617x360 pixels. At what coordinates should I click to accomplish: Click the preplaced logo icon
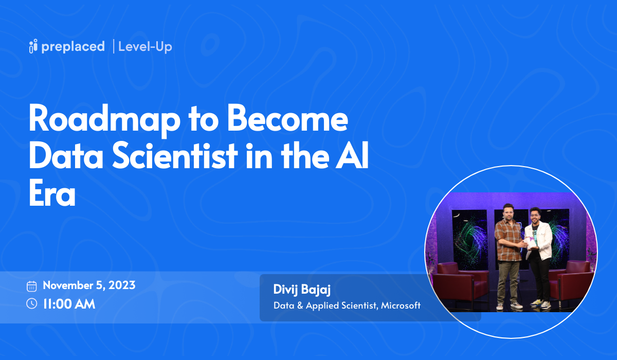point(33,46)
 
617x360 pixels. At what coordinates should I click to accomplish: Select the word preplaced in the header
point(74,47)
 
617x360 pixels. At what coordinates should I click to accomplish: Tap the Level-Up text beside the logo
point(145,47)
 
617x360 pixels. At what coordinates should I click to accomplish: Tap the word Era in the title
point(52,194)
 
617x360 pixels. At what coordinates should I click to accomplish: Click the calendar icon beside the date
point(32,286)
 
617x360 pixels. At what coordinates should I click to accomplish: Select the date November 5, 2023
point(89,285)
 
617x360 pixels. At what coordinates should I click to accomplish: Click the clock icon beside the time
point(32,303)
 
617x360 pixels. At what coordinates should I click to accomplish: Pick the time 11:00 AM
point(69,303)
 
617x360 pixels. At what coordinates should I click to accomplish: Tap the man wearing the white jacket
point(539,252)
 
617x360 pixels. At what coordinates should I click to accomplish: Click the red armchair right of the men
point(571,283)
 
